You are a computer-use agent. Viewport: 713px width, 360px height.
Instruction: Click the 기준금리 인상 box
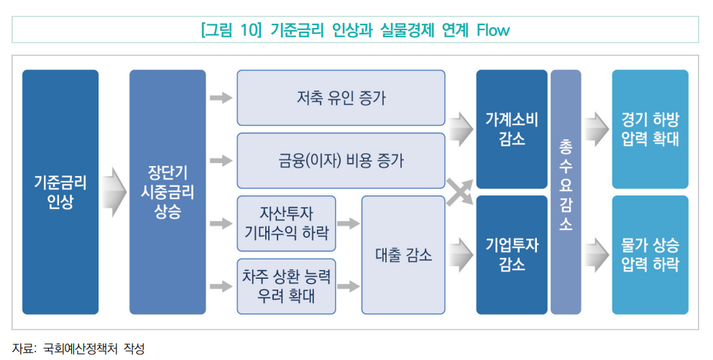60,192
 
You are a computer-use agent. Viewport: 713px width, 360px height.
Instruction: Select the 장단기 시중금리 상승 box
167,192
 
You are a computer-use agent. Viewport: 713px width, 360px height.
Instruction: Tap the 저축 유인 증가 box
341,98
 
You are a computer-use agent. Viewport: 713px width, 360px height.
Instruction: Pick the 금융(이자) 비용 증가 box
341,160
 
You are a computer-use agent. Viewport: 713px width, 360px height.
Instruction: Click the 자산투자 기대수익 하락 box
287,223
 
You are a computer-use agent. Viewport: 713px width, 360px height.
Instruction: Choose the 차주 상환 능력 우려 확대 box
287,286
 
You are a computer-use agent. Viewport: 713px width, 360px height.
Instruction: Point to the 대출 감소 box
403,254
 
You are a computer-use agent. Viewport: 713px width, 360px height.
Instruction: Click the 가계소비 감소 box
511,129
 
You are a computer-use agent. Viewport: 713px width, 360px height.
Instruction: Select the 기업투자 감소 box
511,254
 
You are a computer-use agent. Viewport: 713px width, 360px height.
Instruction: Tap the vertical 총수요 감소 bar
565,192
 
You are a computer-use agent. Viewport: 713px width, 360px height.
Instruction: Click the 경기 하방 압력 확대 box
650,129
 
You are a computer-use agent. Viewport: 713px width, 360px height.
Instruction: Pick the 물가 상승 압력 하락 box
650,254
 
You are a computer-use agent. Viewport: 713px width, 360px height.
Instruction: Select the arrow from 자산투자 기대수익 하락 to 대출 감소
348,223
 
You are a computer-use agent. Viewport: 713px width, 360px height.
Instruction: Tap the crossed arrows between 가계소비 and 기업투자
460,192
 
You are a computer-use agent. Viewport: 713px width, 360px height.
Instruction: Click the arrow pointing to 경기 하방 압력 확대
596,129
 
